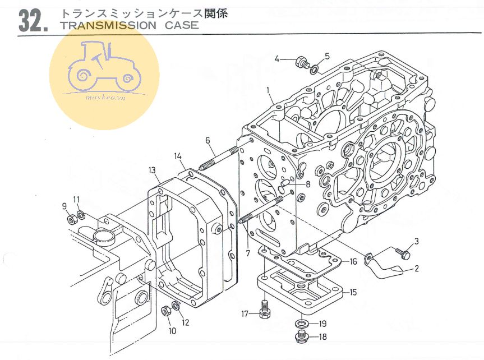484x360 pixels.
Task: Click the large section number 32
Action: point(33,20)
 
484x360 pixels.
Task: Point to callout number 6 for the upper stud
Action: point(207,140)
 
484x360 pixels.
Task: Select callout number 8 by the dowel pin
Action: point(307,184)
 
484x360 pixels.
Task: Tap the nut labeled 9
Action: point(72,219)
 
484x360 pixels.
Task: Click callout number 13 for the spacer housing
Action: point(152,170)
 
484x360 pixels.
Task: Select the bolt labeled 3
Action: point(400,253)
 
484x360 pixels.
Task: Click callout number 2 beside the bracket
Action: point(417,269)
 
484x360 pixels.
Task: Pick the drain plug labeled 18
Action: point(299,336)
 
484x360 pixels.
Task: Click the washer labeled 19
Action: point(301,324)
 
